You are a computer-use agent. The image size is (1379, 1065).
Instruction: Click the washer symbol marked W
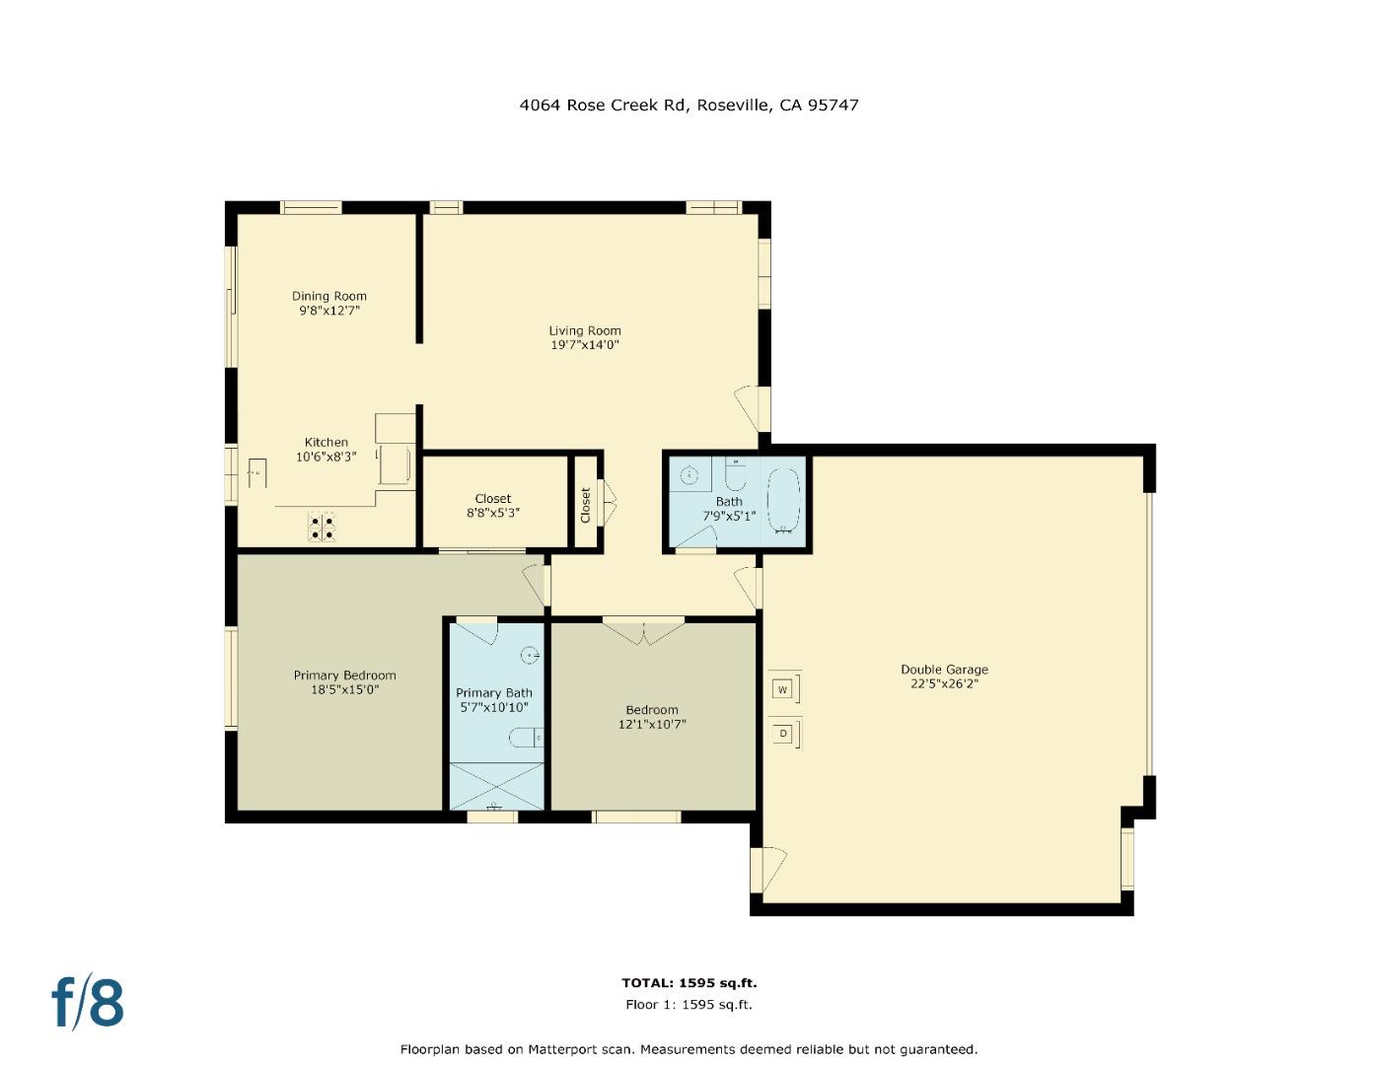[782, 688]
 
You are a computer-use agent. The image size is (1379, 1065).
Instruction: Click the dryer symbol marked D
[782, 734]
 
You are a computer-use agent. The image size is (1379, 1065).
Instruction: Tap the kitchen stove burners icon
[323, 528]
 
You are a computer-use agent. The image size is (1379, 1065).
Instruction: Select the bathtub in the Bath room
[784, 501]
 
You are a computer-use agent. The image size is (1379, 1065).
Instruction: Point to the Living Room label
[585, 331]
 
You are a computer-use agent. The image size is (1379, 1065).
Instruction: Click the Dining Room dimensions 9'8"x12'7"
[329, 311]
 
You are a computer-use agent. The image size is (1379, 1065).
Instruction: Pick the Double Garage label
[944, 670]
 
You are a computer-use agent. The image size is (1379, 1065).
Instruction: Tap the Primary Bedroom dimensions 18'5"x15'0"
[344, 690]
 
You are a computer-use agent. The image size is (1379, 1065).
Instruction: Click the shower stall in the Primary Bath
[496, 786]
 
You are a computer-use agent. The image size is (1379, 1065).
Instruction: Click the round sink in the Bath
[690, 475]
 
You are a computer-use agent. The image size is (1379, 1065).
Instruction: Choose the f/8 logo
[88, 1002]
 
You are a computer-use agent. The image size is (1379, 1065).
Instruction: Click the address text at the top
[689, 105]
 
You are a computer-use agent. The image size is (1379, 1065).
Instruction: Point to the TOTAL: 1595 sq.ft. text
[689, 982]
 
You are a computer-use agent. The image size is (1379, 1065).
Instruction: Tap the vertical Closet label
[585, 505]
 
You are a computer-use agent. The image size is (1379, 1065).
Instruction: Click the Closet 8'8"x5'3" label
[493, 505]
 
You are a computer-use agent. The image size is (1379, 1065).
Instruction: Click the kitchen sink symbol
[255, 472]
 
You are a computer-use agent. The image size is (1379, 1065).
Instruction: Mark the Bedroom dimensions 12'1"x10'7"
[652, 725]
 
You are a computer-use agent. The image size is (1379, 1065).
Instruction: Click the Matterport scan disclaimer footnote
[689, 1049]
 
